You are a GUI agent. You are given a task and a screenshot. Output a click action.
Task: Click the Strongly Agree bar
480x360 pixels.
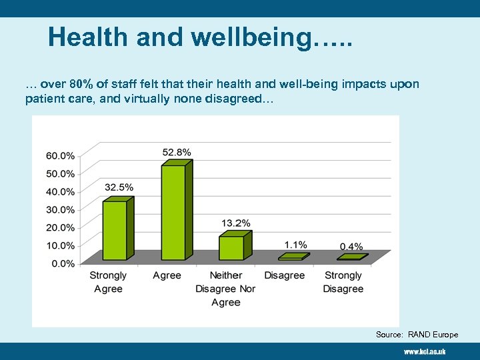click(x=115, y=230)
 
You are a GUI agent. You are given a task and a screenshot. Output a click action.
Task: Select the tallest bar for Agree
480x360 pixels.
click(x=173, y=212)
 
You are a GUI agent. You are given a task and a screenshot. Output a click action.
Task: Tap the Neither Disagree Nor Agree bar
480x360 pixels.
click(x=232, y=247)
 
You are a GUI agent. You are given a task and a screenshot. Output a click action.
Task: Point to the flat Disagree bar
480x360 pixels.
click(x=293, y=256)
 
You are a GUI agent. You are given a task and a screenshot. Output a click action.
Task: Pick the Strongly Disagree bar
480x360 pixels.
click(x=351, y=257)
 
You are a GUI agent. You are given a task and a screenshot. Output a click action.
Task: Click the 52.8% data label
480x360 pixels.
click(x=177, y=153)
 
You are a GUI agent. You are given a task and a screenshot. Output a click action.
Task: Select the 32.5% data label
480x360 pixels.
click(x=119, y=187)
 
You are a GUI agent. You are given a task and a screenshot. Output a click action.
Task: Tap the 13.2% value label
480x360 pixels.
click(x=236, y=223)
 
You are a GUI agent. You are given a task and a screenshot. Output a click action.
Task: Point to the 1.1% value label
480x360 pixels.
click(x=295, y=245)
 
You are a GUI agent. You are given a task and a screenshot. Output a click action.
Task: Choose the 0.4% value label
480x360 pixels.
click(x=351, y=247)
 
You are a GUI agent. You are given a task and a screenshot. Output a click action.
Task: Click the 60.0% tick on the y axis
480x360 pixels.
click(x=60, y=156)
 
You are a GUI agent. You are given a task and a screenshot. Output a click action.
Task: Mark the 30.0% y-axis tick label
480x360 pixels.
click(x=60, y=210)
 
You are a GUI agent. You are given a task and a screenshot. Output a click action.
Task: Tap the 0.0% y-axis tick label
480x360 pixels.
click(x=62, y=264)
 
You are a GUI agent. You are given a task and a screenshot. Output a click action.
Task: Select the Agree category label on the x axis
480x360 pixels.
click(x=167, y=275)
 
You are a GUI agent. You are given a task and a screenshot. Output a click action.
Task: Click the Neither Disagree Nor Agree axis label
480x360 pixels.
click(x=225, y=289)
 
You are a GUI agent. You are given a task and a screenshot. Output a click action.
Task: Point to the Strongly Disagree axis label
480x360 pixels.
click(x=343, y=282)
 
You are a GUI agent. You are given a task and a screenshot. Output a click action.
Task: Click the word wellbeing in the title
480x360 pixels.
click(x=250, y=37)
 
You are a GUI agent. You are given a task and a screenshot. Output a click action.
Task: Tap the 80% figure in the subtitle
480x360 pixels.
click(x=83, y=85)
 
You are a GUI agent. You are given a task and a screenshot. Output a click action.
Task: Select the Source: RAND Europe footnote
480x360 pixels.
click(x=417, y=335)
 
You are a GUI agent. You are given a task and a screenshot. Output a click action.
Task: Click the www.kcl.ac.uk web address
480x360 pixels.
click(x=424, y=351)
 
